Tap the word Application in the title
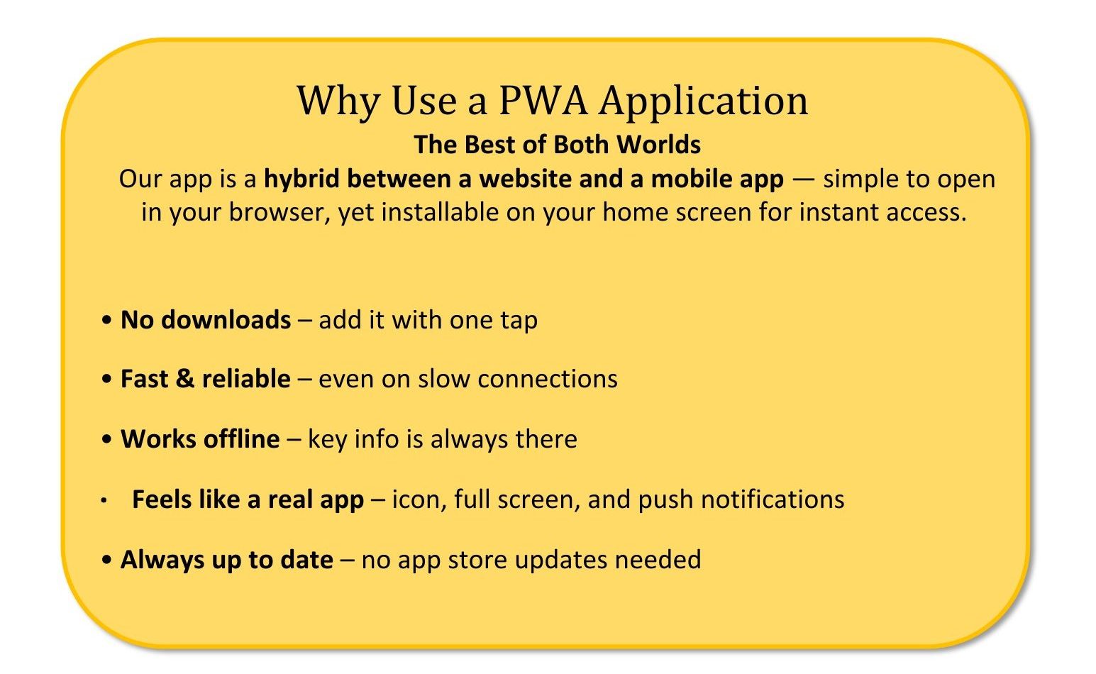(704, 103)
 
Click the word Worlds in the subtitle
(658, 145)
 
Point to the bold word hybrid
(301, 179)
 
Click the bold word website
(525, 179)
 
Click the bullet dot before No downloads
(106, 321)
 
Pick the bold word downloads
(226, 320)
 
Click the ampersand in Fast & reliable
(185, 379)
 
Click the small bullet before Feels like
(104, 500)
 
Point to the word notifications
(773, 499)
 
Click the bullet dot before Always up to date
(106, 560)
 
